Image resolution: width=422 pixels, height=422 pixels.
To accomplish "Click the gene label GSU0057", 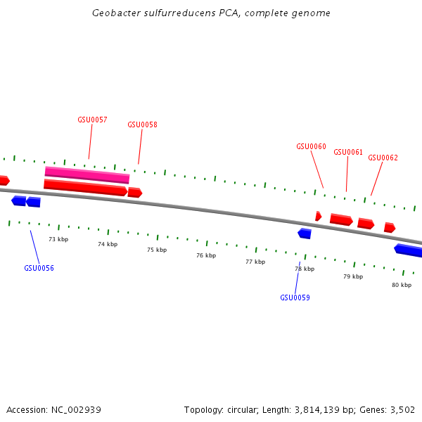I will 92,120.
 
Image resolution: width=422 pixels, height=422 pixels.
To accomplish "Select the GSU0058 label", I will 142,124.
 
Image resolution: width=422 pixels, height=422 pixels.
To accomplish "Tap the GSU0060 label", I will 311,146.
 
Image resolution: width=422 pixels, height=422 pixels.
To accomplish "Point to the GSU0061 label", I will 348,152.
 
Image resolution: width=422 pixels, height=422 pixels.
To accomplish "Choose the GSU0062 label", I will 383,158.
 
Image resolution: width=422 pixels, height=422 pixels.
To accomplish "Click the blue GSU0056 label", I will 39,268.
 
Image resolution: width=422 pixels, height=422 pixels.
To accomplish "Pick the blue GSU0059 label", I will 295,298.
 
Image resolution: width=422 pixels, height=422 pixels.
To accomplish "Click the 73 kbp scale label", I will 58,239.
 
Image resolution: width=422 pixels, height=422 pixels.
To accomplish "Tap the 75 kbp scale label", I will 157,250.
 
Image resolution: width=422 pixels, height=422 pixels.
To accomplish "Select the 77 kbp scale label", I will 255,262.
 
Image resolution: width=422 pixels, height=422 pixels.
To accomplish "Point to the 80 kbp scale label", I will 402,285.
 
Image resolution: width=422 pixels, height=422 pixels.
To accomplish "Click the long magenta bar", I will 87,175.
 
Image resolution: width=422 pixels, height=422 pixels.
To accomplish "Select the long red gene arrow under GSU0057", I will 85,187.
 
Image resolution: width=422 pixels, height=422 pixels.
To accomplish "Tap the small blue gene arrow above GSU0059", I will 305,234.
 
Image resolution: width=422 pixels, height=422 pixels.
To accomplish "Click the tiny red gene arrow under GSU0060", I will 319,216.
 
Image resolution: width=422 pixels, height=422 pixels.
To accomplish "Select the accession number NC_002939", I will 76,409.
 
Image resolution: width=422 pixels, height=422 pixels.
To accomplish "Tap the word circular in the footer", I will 238,409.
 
